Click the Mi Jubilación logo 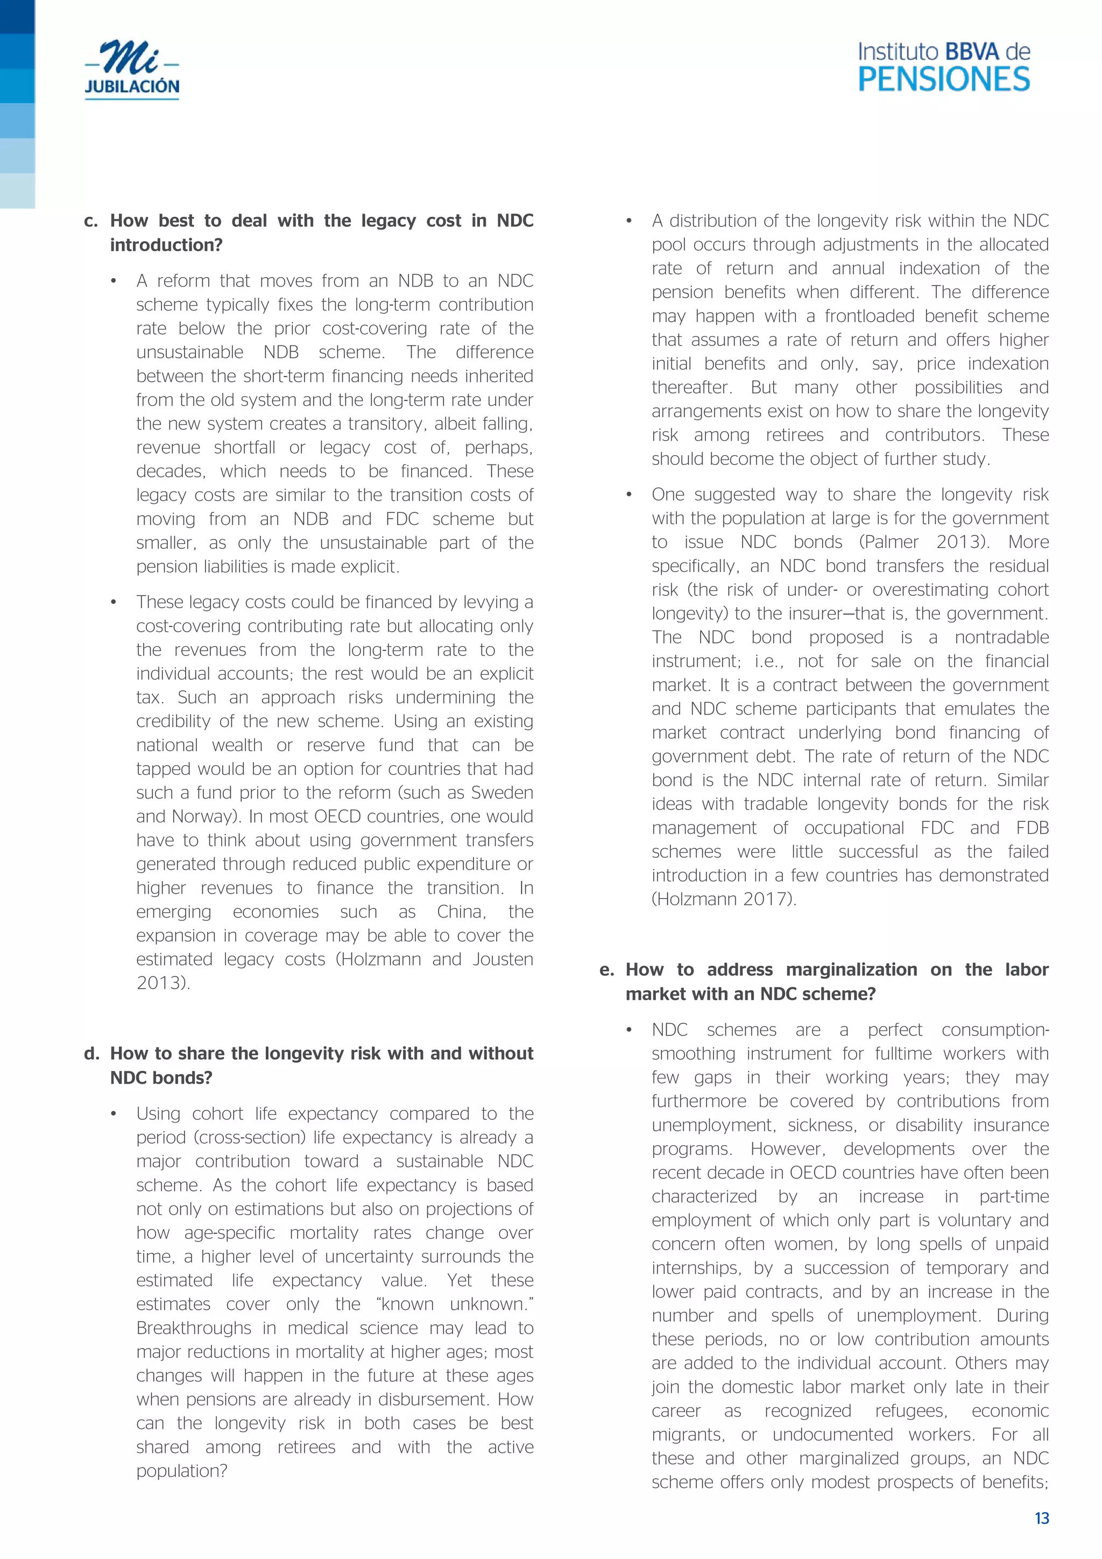coord(132,70)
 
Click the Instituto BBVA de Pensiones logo coord(944,67)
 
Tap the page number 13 coord(1042,1518)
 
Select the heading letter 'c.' coord(91,221)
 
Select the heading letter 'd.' coord(91,1054)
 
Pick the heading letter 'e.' coord(606,970)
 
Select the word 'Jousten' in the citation coord(503,960)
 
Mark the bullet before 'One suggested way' coord(630,495)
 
